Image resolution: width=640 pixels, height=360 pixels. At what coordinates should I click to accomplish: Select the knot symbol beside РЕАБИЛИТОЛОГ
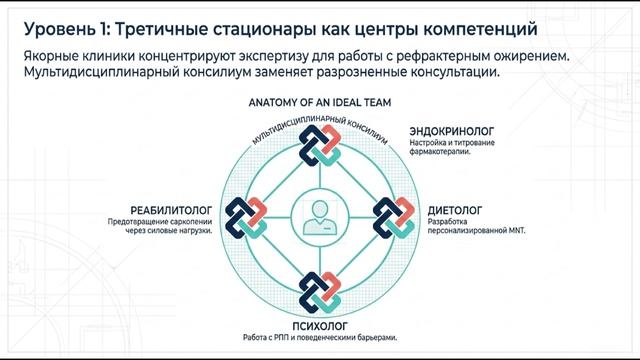(x=247, y=216)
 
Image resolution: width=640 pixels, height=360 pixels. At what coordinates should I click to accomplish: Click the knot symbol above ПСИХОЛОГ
(x=320, y=289)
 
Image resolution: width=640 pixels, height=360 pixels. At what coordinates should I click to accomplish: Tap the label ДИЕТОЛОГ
(x=456, y=211)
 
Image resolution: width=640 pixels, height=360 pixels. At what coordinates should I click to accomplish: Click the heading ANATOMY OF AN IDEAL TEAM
(x=320, y=103)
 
